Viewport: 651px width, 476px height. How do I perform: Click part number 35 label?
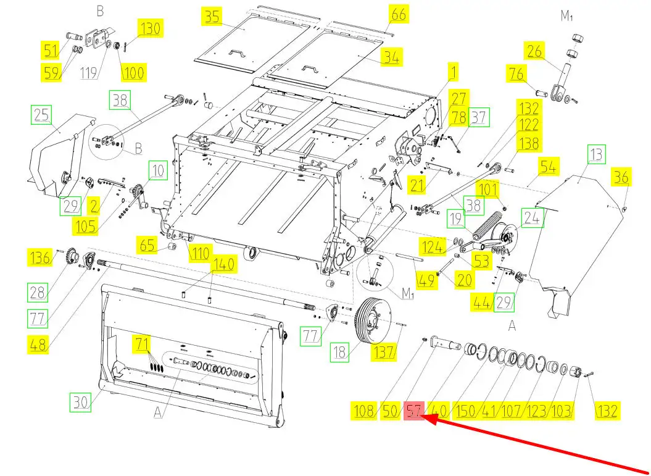pyautogui.click(x=212, y=16)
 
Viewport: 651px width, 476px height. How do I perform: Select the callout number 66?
pyautogui.click(x=399, y=14)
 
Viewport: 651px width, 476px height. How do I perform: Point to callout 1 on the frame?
pyautogui.click(x=454, y=72)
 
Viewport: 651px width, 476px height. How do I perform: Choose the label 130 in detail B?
pyautogui.click(x=151, y=28)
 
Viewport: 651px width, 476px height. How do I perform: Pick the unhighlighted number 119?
pyautogui.click(x=89, y=73)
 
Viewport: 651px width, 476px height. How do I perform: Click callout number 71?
pyautogui.click(x=143, y=343)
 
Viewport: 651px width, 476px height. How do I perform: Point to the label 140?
pyautogui.click(x=224, y=264)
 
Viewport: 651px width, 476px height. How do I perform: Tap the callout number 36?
pyautogui.click(x=621, y=178)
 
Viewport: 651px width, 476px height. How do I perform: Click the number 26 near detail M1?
pyautogui.click(x=535, y=51)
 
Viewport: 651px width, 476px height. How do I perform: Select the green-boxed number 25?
pyautogui.click(x=41, y=114)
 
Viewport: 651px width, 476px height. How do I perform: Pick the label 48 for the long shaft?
pyautogui.click(x=38, y=344)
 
